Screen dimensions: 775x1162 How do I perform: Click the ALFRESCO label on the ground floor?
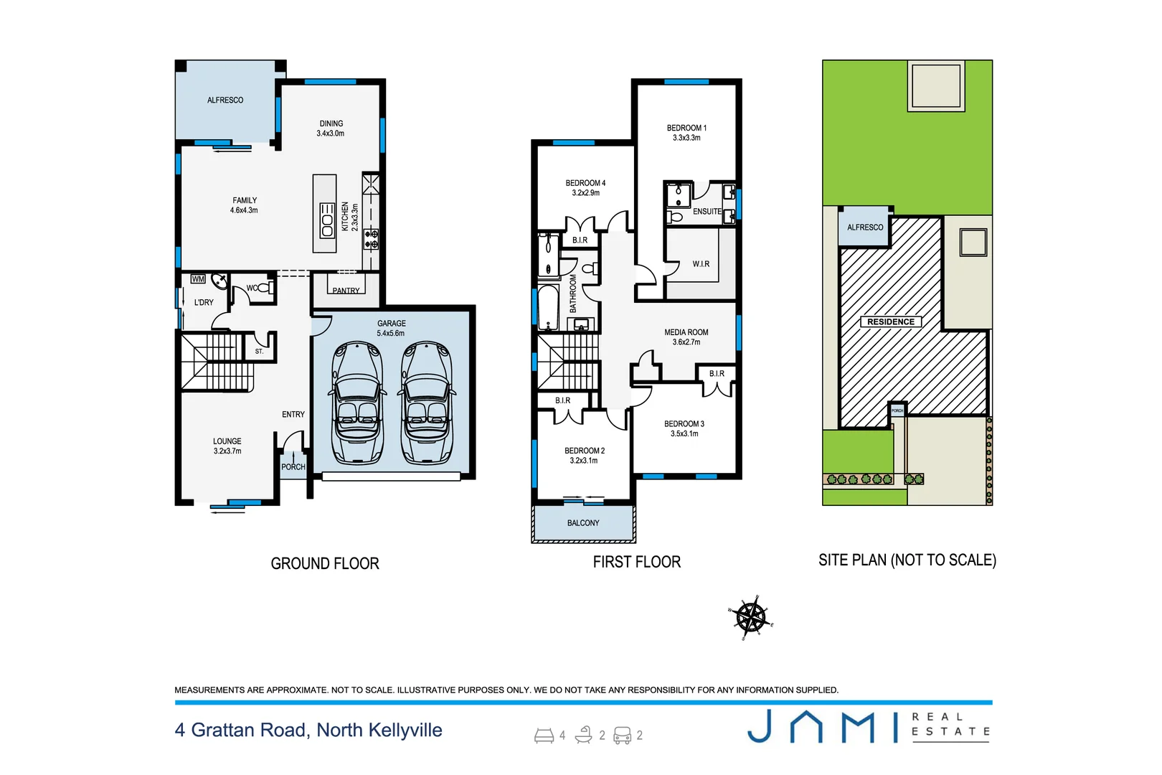[x=225, y=100]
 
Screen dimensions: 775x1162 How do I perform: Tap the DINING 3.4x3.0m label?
[x=331, y=128]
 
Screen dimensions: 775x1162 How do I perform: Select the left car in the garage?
[x=357, y=403]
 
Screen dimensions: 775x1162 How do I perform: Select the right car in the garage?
[x=427, y=403]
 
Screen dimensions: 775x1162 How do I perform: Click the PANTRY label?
[x=346, y=291]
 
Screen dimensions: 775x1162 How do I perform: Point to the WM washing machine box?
[x=198, y=279]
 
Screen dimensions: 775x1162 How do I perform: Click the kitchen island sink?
[x=327, y=220]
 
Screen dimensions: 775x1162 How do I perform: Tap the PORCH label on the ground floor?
[x=293, y=467]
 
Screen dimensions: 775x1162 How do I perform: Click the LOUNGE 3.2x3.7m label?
[x=227, y=446]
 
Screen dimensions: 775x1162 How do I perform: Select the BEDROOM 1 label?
[x=686, y=133]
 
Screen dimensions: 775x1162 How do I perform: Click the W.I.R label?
[x=701, y=264]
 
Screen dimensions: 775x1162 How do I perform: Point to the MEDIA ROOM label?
[x=686, y=337]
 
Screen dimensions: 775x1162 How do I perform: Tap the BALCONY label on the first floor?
[x=583, y=523]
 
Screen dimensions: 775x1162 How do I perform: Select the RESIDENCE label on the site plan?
[x=890, y=322]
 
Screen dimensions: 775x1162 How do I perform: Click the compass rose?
[x=751, y=616]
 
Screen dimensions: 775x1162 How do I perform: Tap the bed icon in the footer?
[x=544, y=736]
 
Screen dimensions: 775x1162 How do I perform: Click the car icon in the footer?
[x=622, y=736]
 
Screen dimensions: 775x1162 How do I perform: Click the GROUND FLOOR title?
[x=325, y=564]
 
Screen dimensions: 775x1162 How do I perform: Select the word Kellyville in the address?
[x=405, y=731]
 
